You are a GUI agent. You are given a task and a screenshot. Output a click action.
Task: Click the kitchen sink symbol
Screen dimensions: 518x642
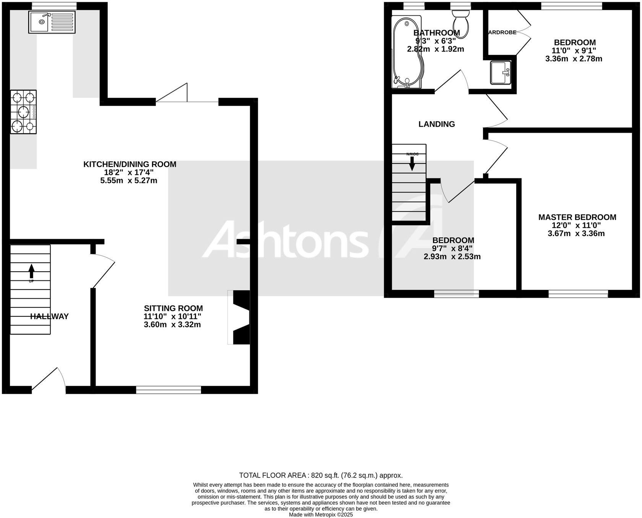52,21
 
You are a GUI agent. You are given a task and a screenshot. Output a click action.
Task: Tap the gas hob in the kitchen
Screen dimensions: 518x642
23,112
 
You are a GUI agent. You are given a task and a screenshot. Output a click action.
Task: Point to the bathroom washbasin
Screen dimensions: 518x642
501,73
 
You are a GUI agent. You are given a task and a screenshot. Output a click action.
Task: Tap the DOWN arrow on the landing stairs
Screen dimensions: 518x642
412,163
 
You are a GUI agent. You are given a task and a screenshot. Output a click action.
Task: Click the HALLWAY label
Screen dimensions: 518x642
49,316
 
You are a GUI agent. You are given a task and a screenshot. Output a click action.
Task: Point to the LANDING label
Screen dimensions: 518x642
436,124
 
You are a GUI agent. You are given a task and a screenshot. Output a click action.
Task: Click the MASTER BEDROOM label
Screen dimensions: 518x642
577,217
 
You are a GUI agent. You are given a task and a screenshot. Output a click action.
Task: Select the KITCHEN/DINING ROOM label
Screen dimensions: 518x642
130,164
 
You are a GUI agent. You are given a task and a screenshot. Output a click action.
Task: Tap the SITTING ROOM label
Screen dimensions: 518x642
173,308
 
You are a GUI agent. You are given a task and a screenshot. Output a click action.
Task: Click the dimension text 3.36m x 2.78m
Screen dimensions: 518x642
574,59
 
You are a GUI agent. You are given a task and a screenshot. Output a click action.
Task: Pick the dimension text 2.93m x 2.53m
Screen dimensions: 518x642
452,257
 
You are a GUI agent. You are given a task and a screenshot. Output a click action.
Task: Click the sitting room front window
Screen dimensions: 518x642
169,390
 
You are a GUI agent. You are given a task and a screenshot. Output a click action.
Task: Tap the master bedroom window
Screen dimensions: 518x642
578,293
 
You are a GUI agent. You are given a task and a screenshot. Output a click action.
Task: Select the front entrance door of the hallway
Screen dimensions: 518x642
49,382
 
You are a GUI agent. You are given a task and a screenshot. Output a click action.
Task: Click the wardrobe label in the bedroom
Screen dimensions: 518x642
503,32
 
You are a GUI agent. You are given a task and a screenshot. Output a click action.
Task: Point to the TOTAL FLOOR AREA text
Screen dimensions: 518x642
321,475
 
